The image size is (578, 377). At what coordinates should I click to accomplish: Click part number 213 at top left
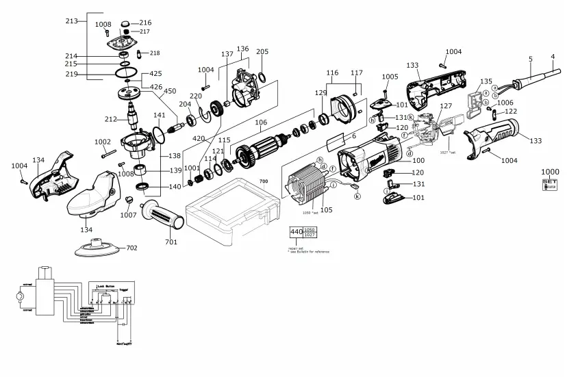(72, 21)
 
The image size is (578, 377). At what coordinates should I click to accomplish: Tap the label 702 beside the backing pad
(131, 248)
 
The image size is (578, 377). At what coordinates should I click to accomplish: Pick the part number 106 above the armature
(260, 123)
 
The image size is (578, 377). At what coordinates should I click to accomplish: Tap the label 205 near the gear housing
(262, 52)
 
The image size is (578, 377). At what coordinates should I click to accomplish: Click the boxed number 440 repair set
(296, 233)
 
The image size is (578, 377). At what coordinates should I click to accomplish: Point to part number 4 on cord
(552, 56)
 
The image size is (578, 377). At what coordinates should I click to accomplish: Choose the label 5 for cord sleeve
(531, 60)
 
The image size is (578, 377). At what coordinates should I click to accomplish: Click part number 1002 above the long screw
(102, 142)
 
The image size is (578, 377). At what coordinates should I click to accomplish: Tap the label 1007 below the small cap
(128, 215)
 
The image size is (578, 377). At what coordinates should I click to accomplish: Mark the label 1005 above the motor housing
(390, 77)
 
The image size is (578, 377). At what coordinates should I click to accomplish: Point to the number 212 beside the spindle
(110, 120)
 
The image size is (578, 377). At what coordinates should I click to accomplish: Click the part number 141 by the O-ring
(159, 115)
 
